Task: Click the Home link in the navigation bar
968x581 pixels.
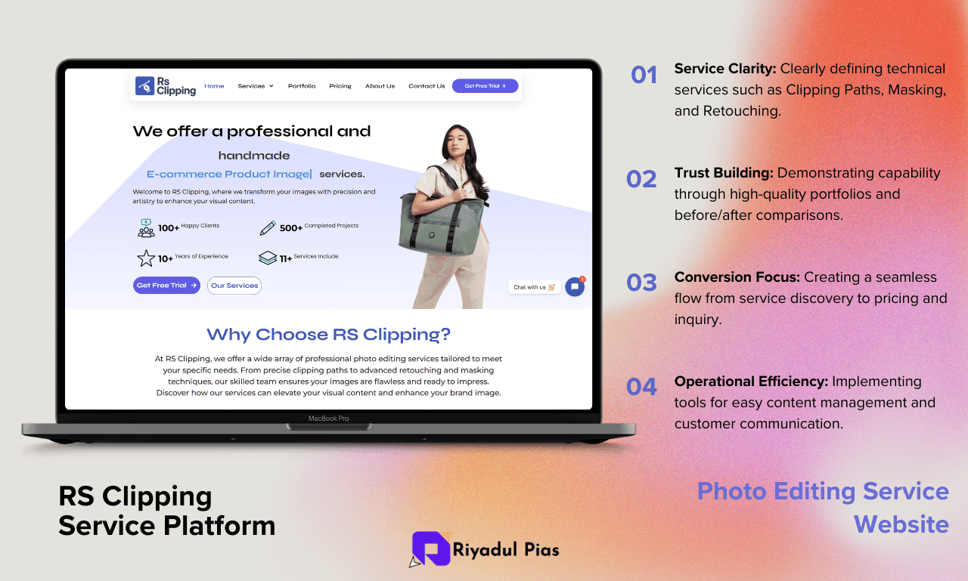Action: (x=214, y=86)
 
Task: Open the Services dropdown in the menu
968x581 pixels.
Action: (x=256, y=86)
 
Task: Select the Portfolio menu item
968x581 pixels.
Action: (x=302, y=86)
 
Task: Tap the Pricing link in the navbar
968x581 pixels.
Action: (x=340, y=86)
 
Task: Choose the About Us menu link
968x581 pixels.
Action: (x=380, y=86)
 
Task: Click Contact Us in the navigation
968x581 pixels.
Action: (x=427, y=86)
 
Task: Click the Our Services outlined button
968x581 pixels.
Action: (x=234, y=286)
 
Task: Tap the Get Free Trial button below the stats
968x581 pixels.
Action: (x=166, y=286)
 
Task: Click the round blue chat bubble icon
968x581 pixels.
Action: (x=575, y=286)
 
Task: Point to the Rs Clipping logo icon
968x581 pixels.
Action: (x=144, y=85)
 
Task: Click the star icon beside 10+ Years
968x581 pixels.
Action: (x=146, y=258)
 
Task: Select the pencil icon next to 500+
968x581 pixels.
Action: (x=268, y=228)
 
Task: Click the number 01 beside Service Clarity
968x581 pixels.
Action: (x=644, y=75)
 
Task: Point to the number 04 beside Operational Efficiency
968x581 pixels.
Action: (x=641, y=386)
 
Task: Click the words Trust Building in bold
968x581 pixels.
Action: (x=724, y=173)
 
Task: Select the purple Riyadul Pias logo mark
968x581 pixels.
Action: (x=431, y=549)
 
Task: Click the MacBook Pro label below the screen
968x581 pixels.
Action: (x=328, y=419)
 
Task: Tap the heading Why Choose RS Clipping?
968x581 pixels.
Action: (x=328, y=335)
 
